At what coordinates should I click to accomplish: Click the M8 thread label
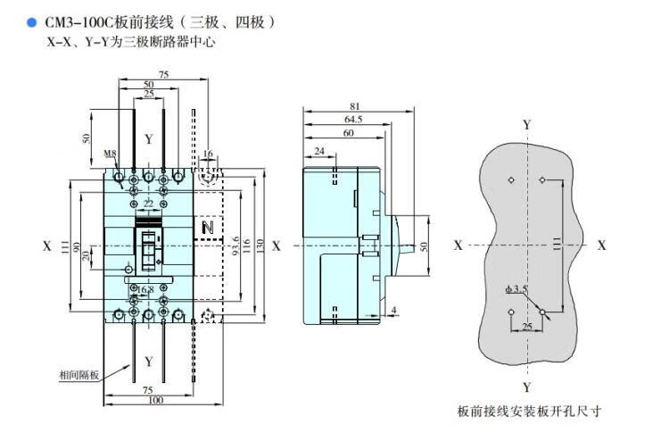point(111,154)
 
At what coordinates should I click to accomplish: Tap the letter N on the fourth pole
point(209,229)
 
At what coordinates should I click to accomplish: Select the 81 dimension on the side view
point(355,106)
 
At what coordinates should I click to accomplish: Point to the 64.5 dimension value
point(353,119)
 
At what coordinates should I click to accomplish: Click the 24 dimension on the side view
point(319,153)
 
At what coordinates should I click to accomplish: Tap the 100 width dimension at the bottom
point(156,400)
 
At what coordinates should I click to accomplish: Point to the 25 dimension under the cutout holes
point(526,329)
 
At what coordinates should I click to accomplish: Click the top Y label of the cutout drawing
point(527,125)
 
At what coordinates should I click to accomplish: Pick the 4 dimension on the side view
point(393,310)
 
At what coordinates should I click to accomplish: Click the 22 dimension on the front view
point(148,204)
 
